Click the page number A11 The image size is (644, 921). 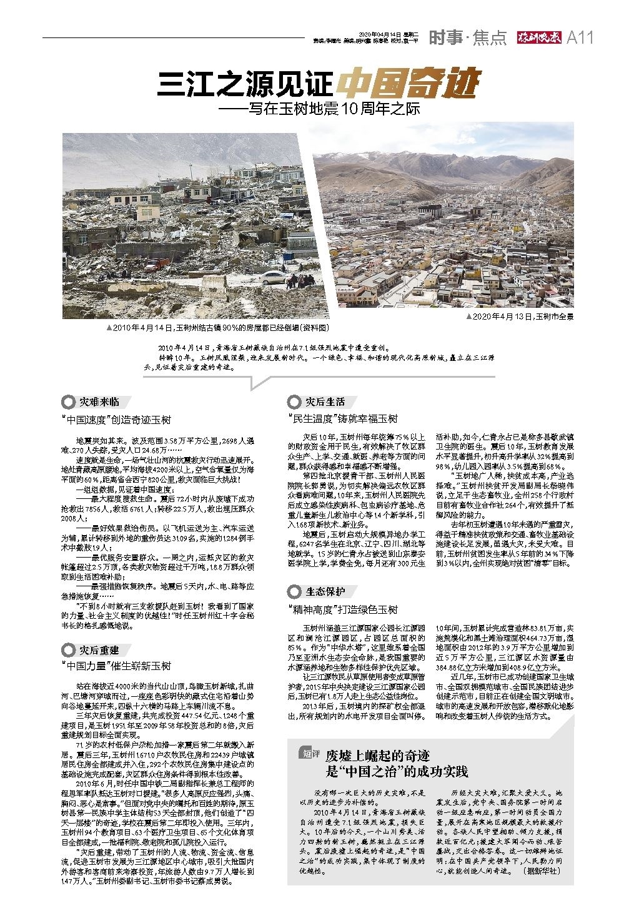tap(580, 38)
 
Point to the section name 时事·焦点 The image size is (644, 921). tap(467, 39)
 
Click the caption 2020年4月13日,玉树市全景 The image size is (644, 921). tap(520, 317)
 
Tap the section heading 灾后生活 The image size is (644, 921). tap(325, 401)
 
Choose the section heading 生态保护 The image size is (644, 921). tap(325, 591)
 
